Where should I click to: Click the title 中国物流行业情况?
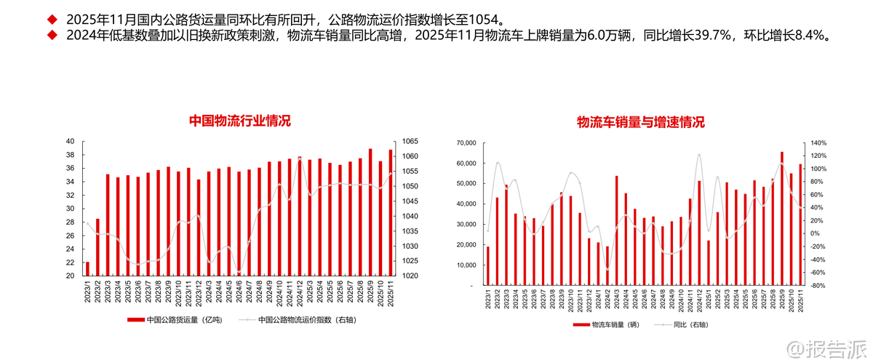point(239,121)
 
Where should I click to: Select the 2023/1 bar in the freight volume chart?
point(87,268)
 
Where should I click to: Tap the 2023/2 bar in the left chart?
point(97,247)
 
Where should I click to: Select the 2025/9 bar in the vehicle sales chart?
point(782,218)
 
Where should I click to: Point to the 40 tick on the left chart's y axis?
point(70,141)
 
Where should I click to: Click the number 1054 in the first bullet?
point(486,17)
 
